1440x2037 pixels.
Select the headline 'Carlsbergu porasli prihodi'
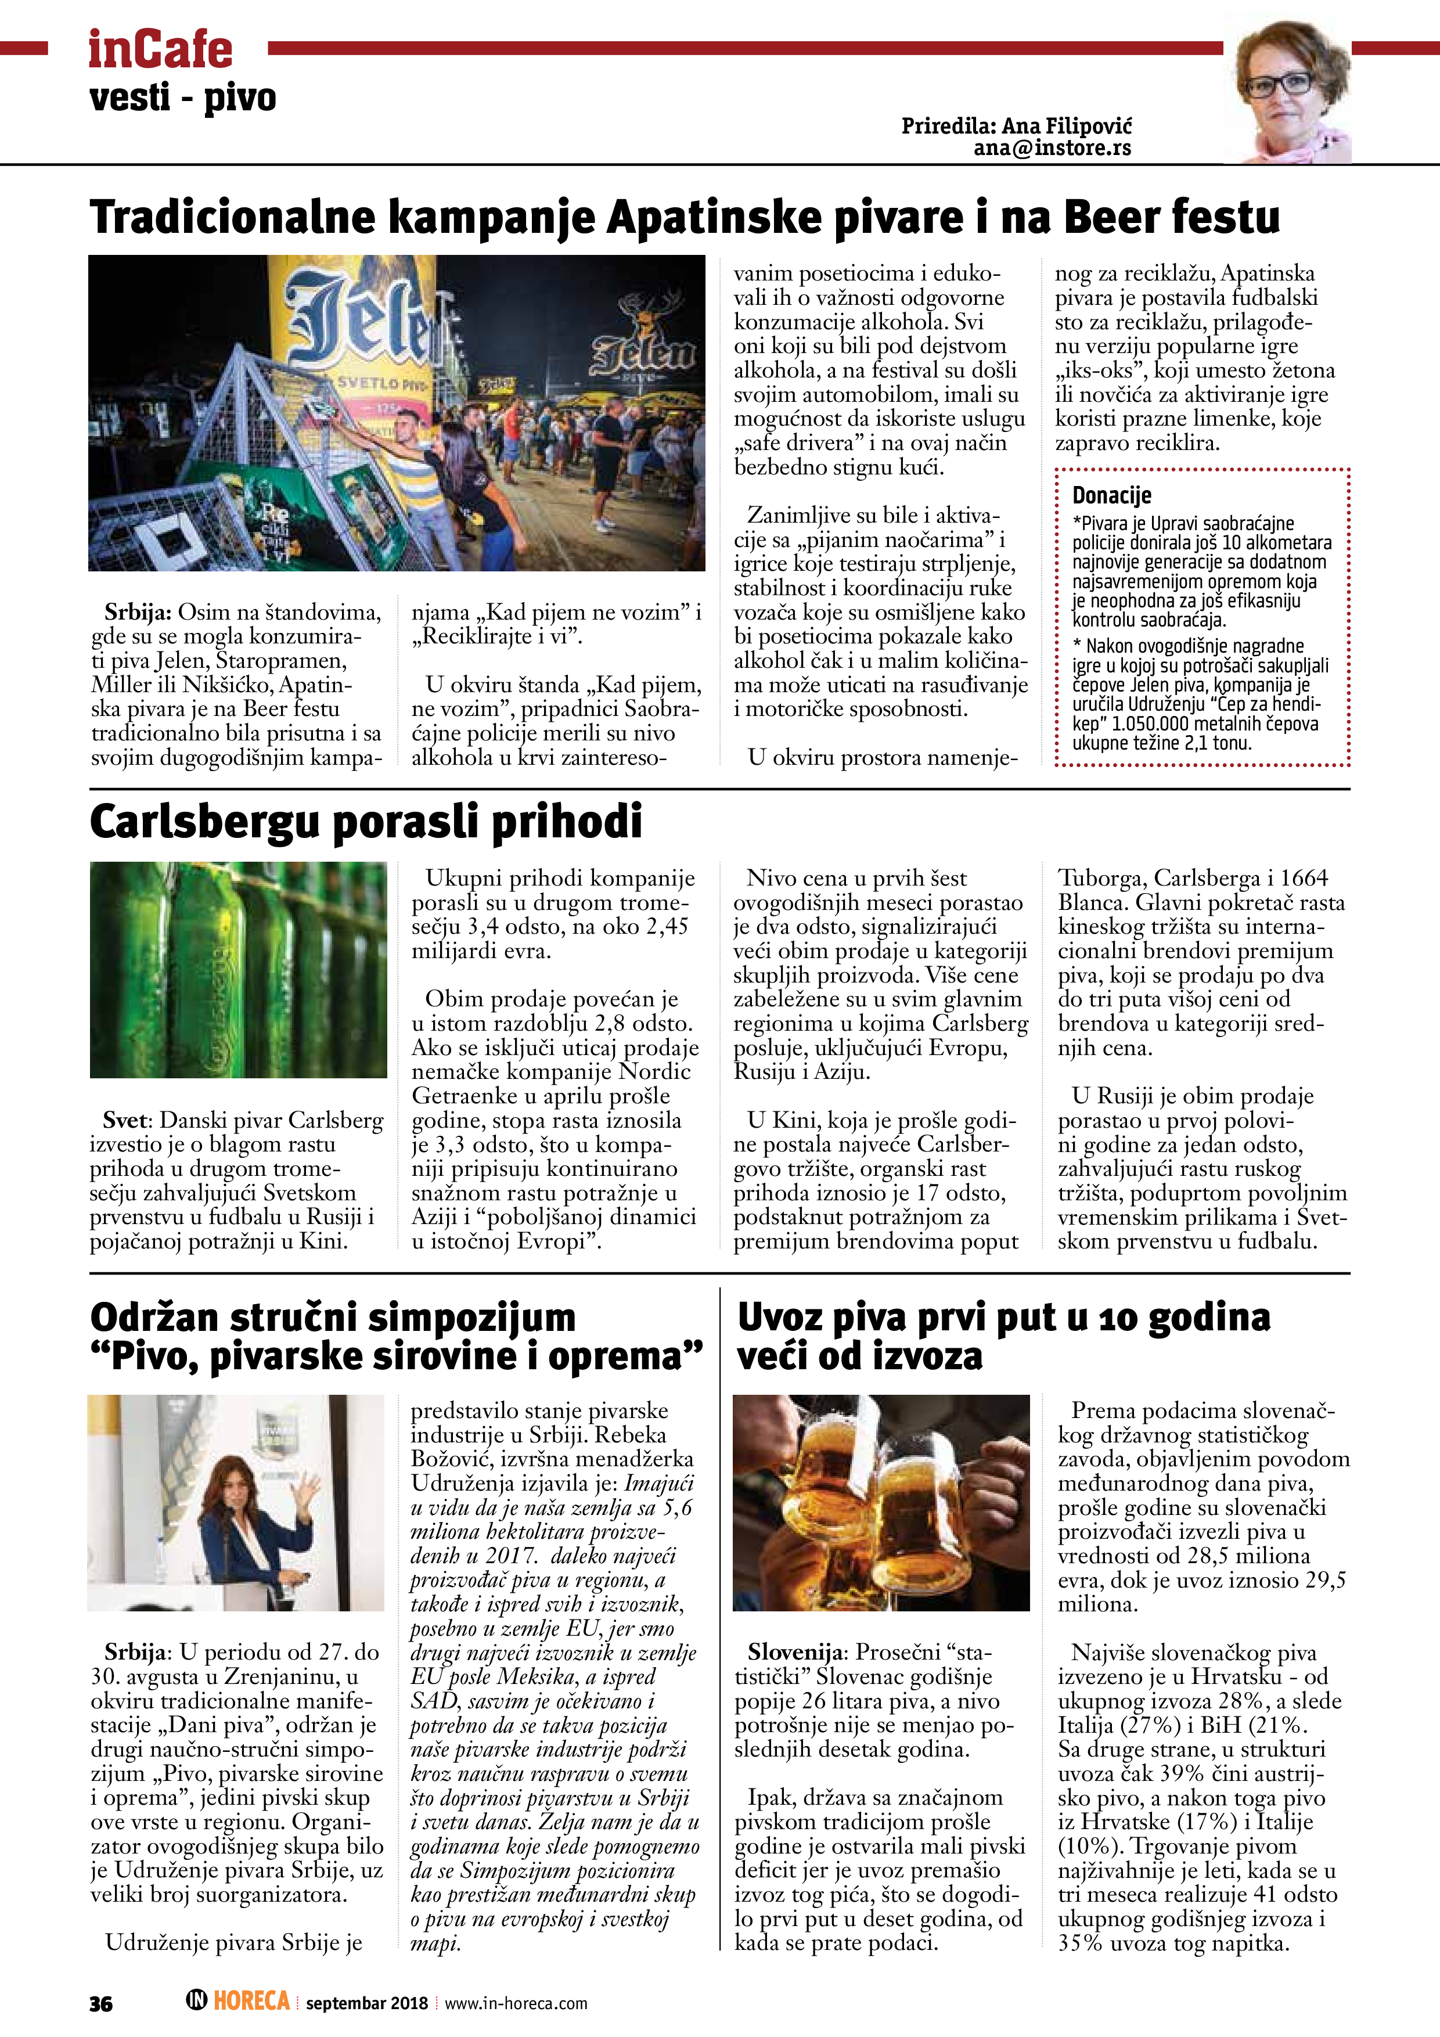pos(366,822)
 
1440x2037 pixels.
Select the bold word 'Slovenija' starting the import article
pos(794,1652)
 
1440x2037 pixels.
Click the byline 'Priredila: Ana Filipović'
pos(1016,126)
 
